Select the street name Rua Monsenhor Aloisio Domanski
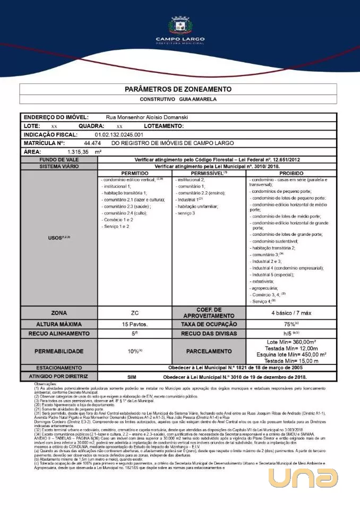[x=147, y=117]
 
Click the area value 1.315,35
[x=79, y=152]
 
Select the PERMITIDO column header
[x=135, y=173]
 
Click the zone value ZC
[x=135, y=313]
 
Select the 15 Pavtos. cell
[x=135, y=324]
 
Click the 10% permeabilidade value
[x=135, y=351]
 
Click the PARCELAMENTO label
[x=209, y=351]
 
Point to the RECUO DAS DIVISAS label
[x=209, y=334]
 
